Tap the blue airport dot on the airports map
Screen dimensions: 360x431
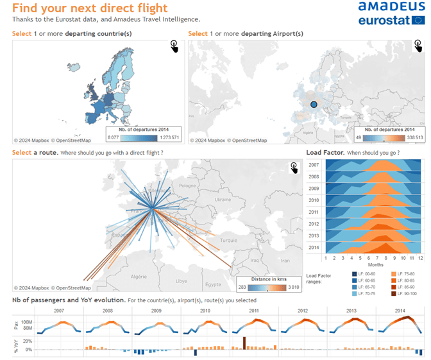[x=314, y=104]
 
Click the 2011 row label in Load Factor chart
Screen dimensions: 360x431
[x=314, y=212]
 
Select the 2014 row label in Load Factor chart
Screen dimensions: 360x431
[x=314, y=247]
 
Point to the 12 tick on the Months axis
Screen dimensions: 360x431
[x=420, y=257]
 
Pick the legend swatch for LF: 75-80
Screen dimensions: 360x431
[x=387, y=274]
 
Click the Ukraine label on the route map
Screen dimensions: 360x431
[x=223, y=199]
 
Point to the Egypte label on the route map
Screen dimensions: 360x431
[x=213, y=284]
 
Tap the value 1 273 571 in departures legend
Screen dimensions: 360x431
[x=169, y=138]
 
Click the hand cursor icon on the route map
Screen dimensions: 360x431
[x=294, y=167]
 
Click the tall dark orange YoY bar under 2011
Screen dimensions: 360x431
[x=244, y=343]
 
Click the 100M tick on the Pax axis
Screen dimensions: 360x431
[x=26, y=321]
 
